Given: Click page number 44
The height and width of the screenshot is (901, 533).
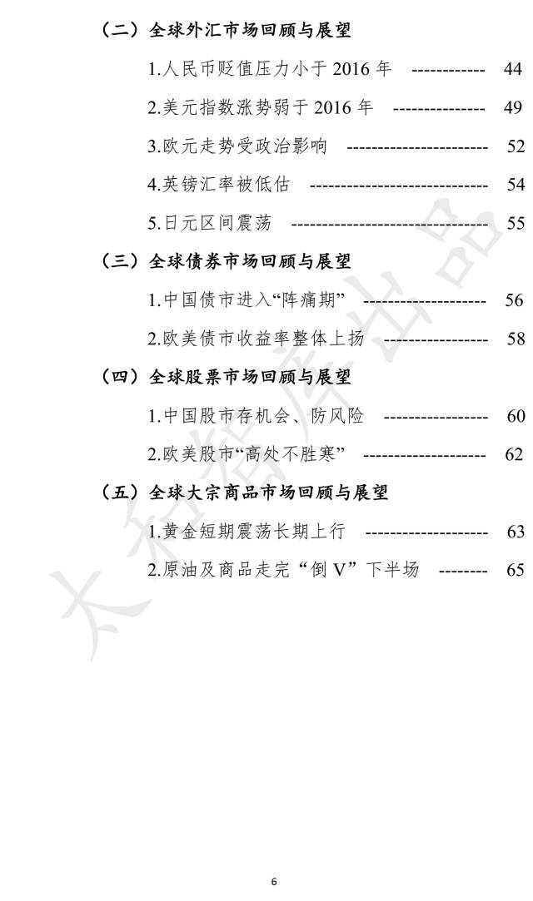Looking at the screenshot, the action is (512, 69).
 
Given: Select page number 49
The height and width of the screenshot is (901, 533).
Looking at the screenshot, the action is (512, 107).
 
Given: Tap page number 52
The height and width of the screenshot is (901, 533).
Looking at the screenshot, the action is (516, 146).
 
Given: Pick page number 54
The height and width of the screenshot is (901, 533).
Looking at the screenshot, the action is (516, 185).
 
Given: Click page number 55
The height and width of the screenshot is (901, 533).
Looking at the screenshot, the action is (516, 223).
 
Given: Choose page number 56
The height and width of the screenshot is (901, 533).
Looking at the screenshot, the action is (514, 300).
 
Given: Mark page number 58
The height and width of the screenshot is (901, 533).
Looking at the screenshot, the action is (516, 339).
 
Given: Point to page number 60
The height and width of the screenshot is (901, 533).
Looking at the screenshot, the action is (516, 416).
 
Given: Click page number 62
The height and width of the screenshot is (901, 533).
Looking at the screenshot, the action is (514, 454).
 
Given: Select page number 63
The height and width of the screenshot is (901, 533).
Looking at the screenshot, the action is (516, 532).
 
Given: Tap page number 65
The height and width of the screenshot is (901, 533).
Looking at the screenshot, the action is (516, 570).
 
